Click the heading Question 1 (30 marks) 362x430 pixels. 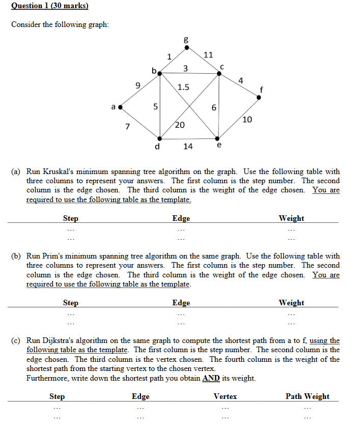tap(50, 6)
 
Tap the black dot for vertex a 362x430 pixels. tap(120, 107)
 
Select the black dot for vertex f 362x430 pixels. tap(259, 97)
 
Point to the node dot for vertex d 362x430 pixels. tap(160, 138)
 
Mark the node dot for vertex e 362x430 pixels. tap(218, 138)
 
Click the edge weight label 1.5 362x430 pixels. tap(183, 87)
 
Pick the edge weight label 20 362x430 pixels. tap(180, 125)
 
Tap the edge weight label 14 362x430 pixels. tap(188, 146)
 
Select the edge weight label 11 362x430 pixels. tap(208, 54)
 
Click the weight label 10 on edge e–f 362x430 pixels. tap(247, 120)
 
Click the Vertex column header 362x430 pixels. tap(225, 396)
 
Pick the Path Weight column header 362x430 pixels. tap(307, 396)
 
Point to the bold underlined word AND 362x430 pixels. tap(211, 378)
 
